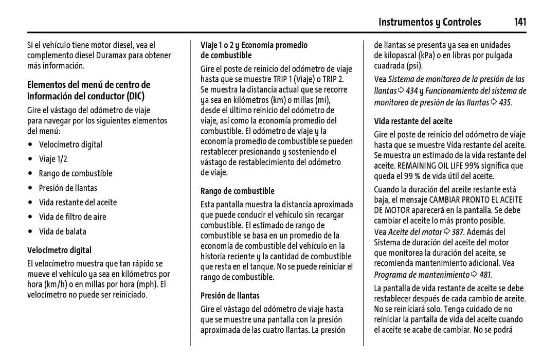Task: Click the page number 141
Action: click(519, 22)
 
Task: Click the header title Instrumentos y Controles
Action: click(429, 22)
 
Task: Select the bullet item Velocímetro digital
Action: click(70, 145)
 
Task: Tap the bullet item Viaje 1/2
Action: click(53, 159)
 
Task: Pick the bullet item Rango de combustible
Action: click(76, 173)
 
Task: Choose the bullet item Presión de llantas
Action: click(68, 188)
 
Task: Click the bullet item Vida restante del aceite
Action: click(78, 202)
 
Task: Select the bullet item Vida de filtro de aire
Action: click(73, 217)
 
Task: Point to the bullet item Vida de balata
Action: click(63, 231)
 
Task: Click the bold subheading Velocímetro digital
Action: click(59, 250)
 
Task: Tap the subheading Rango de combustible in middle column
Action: click(237, 191)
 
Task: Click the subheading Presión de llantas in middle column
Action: click(230, 295)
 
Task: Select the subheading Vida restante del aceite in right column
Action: click(413, 121)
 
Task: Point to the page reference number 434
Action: click(411, 91)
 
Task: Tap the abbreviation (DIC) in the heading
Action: click(136, 96)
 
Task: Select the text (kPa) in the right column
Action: click(426, 55)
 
